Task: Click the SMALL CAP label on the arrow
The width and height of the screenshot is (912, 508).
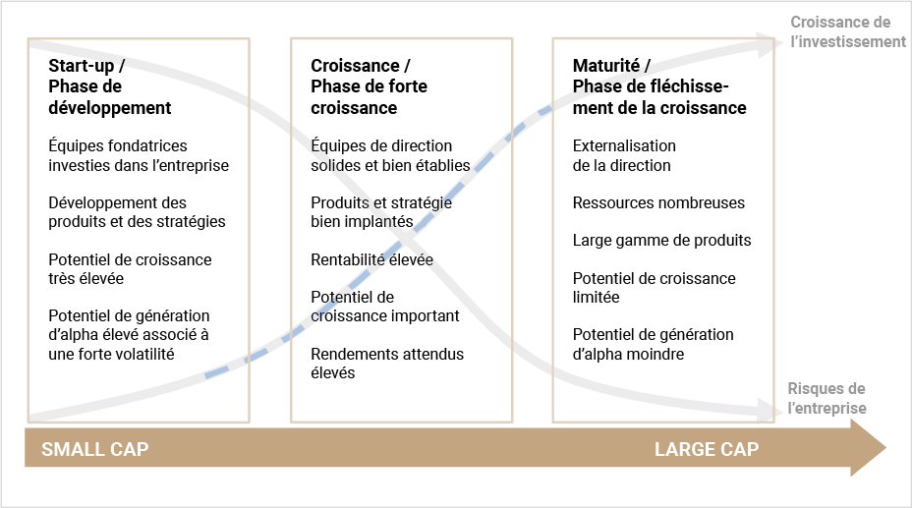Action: click(x=94, y=449)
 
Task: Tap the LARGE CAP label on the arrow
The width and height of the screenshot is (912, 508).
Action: click(x=706, y=449)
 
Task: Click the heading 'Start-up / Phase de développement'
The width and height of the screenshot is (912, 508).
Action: click(x=109, y=86)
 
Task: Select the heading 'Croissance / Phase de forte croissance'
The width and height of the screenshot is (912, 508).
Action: click(x=369, y=86)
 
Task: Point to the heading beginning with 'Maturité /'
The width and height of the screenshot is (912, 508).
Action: click(x=659, y=86)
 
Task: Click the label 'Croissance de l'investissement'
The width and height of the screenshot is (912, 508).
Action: click(x=847, y=32)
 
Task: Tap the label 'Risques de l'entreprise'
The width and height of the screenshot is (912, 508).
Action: click(x=826, y=398)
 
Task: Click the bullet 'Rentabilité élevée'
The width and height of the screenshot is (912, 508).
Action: click(x=371, y=259)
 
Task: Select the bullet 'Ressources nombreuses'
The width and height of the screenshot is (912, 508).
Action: click(x=658, y=202)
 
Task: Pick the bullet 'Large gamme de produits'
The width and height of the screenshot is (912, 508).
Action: click(x=662, y=240)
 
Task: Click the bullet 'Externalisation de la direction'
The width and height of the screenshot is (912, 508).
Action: click(x=624, y=155)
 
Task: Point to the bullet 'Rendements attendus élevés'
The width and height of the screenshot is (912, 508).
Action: click(x=387, y=364)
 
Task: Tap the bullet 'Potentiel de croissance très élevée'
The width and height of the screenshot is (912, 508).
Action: click(x=130, y=268)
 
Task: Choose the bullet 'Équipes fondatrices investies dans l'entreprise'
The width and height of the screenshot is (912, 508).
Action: click(x=139, y=155)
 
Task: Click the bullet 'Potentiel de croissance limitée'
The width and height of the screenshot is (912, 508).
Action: click(x=654, y=288)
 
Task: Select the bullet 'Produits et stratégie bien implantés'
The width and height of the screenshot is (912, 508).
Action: click(x=381, y=212)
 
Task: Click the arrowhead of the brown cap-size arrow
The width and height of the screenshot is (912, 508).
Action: click(x=869, y=447)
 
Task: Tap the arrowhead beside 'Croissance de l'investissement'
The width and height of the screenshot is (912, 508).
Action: click(x=767, y=45)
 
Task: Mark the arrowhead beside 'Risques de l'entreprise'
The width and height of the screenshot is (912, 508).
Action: click(x=767, y=410)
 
